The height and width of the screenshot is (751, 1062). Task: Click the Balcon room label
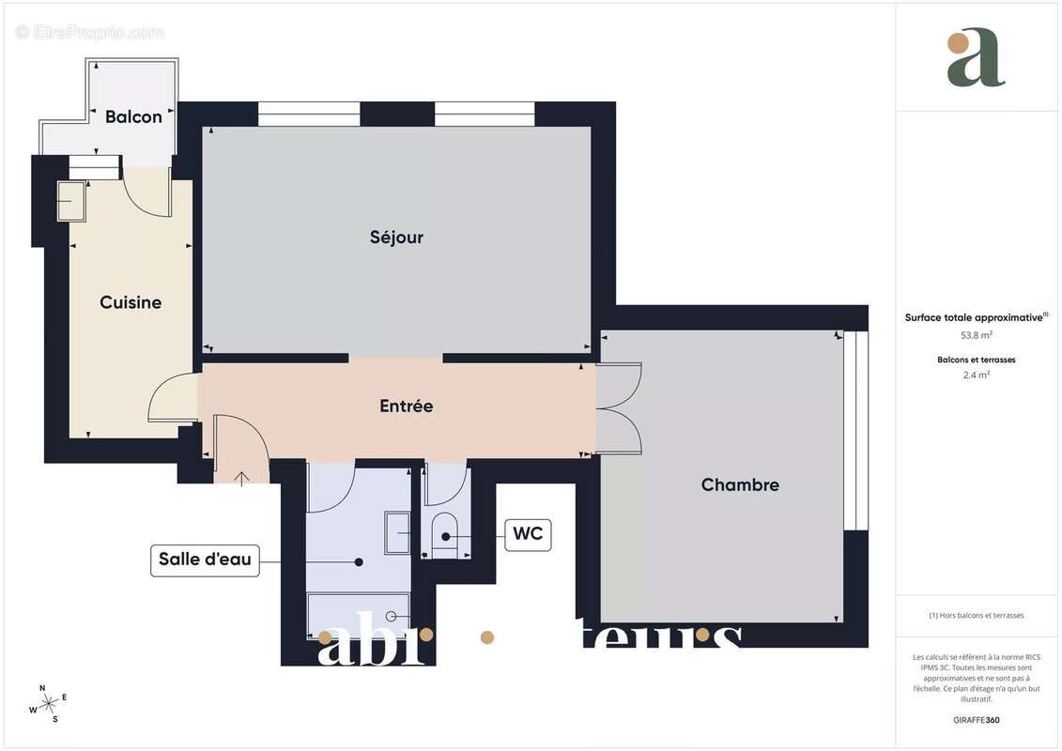(133, 116)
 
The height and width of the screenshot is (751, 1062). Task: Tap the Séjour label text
(396, 238)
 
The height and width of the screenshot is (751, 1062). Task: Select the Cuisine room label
(131, 302)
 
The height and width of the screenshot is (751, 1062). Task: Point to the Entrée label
(406, 406)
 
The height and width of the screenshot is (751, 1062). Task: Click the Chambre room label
(740, 485)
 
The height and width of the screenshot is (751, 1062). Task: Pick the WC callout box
(528, 536)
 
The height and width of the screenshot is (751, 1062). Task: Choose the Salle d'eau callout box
(204, 560)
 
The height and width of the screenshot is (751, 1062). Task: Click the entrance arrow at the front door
(241, 479)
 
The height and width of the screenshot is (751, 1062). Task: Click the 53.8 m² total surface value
(977, 334)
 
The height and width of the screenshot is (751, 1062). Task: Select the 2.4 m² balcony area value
(977, 375)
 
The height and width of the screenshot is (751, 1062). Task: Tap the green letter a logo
(976, 58)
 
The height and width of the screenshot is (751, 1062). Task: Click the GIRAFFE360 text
(977, 721)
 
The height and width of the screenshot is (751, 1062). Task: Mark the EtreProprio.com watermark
(90, 33)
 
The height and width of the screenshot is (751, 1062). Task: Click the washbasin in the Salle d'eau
(398, 533)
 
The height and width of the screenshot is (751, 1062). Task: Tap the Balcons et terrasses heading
(977, 360)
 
